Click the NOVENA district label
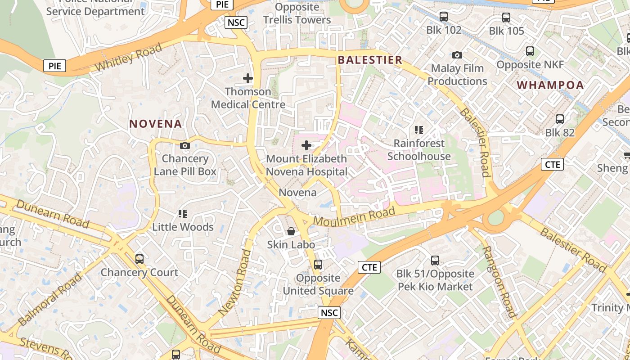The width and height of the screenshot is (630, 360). click(156, 124)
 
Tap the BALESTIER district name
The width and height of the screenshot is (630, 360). click(370, 60)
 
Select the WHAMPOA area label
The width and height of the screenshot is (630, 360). click(550, 85)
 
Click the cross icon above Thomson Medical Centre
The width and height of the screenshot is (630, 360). click(248, 78)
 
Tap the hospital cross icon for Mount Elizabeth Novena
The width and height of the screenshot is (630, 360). click(306, 145)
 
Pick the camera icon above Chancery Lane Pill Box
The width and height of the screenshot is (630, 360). click(184, 145)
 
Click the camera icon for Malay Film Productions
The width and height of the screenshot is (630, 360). click(457, 55)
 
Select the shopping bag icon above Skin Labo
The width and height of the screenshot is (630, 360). click(291, 231)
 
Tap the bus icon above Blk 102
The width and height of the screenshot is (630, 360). click(444, 17)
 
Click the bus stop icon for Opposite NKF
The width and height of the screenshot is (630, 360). click(530, 51)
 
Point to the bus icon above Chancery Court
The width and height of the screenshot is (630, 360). click(139, 259)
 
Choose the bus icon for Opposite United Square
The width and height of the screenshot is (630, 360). click(318, 265)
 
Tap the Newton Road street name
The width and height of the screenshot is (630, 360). click(234, 282)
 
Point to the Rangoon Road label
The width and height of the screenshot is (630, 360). click(499, 282)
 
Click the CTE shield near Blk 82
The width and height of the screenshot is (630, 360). click(552, 164)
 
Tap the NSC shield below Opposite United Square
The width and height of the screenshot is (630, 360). click(329, 313)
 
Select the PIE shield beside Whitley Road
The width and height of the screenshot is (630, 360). click(55, 66)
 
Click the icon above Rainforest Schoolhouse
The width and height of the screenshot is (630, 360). click(419, 130)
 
